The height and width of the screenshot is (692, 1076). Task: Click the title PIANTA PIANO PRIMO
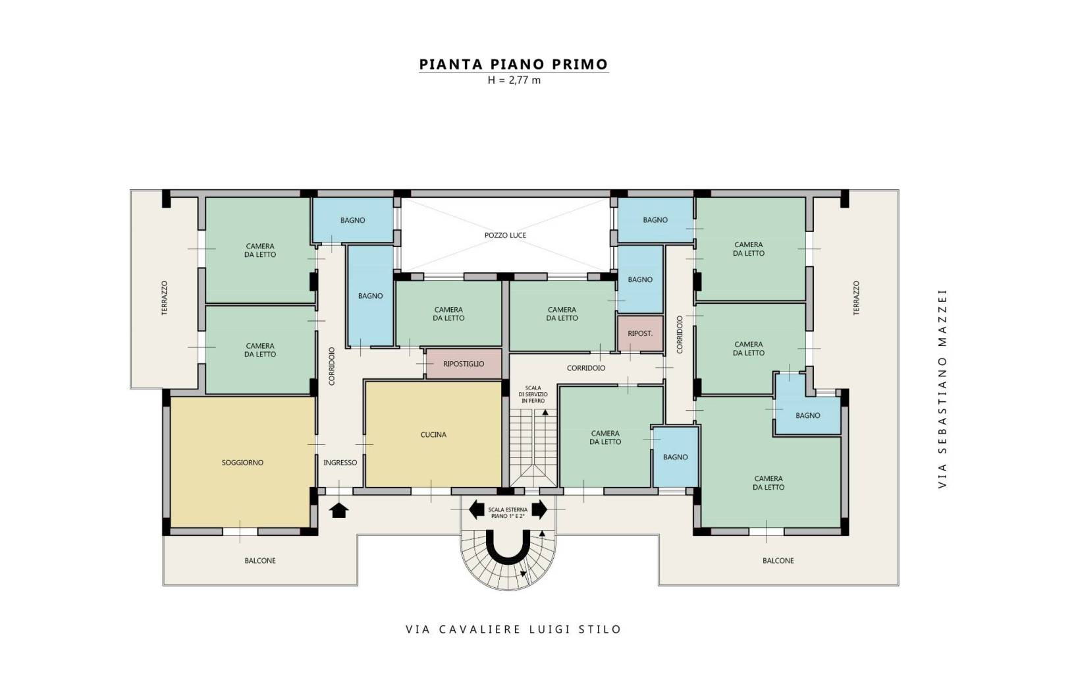514,64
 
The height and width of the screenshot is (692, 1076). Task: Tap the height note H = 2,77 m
514,80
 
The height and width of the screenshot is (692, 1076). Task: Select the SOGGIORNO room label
242,463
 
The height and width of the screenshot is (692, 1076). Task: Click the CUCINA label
433,435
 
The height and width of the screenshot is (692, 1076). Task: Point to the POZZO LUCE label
505,235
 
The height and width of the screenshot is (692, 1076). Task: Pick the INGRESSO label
340,463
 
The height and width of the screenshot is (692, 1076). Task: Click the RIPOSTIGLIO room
464,364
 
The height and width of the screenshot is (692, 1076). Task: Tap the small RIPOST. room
640,333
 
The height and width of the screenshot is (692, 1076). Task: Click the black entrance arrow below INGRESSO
339,510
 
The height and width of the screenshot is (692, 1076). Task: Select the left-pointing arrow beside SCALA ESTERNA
476,509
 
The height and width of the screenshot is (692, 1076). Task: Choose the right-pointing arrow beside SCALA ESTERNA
539,509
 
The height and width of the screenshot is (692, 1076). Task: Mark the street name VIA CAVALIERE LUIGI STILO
514,629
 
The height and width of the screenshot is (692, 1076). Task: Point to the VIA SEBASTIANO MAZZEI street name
942,389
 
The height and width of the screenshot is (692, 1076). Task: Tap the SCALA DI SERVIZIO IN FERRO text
533,394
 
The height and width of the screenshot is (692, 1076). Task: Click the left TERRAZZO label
165,298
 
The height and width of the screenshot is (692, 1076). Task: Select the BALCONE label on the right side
778,561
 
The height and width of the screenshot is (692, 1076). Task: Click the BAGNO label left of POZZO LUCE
352,220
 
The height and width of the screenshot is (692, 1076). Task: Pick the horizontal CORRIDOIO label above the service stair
586,368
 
